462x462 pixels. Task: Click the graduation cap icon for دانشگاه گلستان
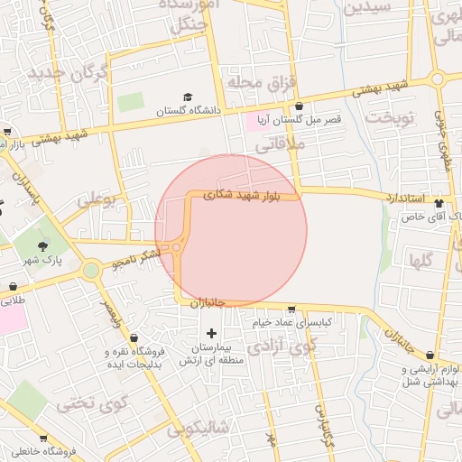tap(188, 97)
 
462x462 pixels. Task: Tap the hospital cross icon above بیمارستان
tap(212, 334)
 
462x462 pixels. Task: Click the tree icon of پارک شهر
tap(43, 245)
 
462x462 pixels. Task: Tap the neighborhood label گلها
tap(421, 263)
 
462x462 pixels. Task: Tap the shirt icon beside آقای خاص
tap(439, 203)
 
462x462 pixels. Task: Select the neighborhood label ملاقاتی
tap(281, 144)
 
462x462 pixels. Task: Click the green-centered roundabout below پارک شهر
tap(91, 270)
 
